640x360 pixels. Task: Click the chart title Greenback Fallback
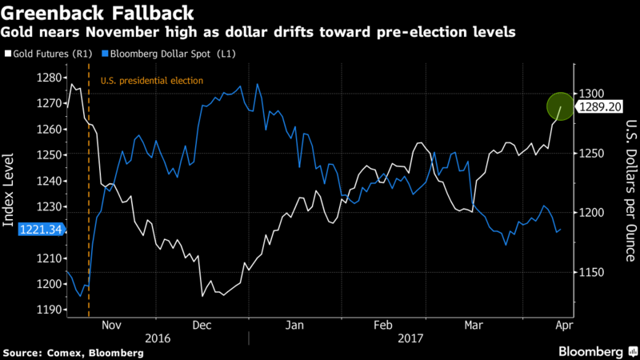[x=97, y=13]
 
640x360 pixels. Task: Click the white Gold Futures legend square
[x=8, y=54]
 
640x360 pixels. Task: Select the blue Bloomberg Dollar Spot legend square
[x=105, y=54]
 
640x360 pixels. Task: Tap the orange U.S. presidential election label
[x=152, y=81]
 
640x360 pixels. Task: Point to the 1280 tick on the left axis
[x=50, y=78]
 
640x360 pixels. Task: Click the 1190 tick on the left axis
[x=50, y=310]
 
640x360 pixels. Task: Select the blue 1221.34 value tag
[x=42, y=230]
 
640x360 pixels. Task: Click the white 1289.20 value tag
[x=599, y=107]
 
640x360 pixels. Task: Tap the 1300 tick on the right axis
[x=591, y=94]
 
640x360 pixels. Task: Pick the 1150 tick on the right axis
[x=591, y=272]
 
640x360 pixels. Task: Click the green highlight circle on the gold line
[x=561, y=106]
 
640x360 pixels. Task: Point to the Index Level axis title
[x=8, y=190]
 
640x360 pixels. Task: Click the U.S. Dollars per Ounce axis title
[x=631, y=190]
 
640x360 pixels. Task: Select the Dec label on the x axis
[x=202, y=326]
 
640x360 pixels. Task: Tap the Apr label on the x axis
[x=565, y=326]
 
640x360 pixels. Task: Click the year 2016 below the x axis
[x=158, y=338]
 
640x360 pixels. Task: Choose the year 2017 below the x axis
[x=410, y=338]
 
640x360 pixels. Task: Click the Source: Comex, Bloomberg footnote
[x=74, y=353]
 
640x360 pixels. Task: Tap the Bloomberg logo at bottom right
[x=598, y=352]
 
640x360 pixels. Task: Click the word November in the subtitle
[x=122, y=32]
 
